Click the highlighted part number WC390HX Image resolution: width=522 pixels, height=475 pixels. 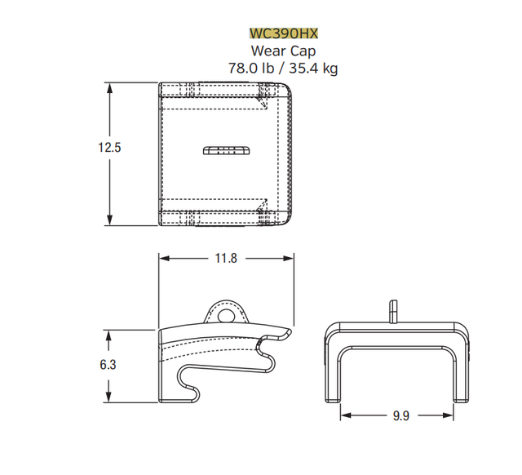283,33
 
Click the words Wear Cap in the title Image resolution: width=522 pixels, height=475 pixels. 283,51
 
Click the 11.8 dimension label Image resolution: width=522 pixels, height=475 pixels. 226,259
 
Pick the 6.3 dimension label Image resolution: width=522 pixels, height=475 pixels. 108,365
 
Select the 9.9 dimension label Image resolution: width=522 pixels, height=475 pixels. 400,415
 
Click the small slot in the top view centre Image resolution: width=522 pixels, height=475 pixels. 223,149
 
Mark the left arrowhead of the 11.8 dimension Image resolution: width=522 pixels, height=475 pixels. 163,259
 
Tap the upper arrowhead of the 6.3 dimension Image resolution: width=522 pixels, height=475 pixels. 108,334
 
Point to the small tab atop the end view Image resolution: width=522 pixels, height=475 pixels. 393,311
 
